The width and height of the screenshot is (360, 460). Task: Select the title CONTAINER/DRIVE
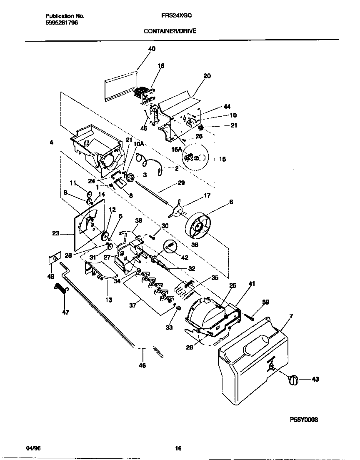point(170,31)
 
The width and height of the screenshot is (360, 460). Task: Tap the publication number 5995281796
point(61,22)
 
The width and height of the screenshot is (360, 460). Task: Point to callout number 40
point(152,49)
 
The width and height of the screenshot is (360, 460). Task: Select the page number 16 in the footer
point(178,449)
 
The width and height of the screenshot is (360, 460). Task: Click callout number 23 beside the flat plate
point(55,234)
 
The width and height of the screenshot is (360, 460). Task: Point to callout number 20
point(207,76)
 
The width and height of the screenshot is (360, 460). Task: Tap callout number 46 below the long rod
point(142,365)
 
